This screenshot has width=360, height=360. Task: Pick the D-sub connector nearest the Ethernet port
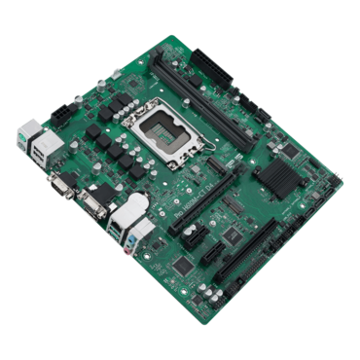(93, 203)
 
